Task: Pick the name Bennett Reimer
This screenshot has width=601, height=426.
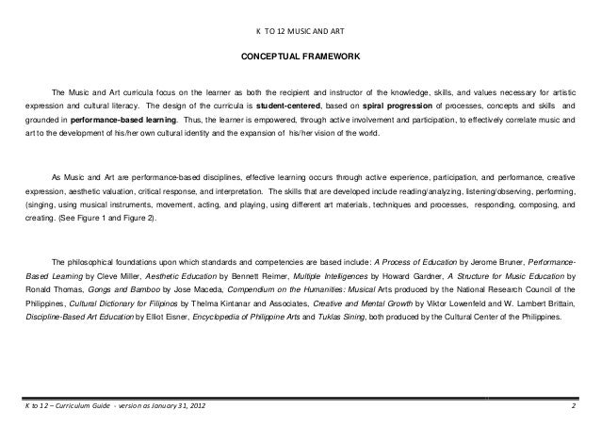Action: (x=264, y=278)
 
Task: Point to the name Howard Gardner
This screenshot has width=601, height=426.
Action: (x=402, y=278)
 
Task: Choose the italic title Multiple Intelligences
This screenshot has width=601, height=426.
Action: (x=334, y=278)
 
